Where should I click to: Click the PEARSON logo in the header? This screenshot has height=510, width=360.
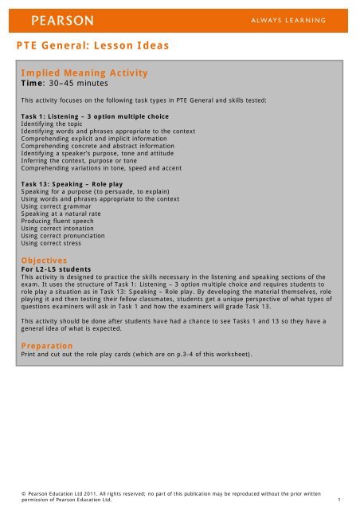pos(63,18)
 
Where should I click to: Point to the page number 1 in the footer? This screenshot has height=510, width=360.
pos(339,500)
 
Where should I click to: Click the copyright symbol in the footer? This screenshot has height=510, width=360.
pos(24,493)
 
